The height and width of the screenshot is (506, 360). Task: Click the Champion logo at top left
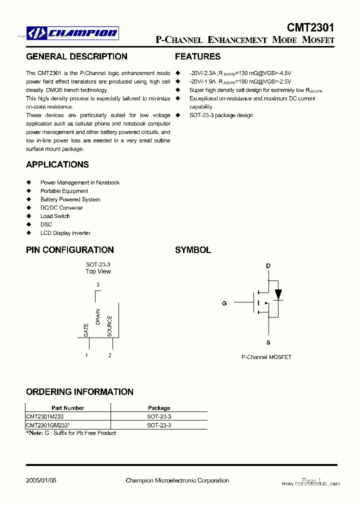[x=72, y=33]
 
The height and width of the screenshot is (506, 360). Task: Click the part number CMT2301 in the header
[x=310, y=27]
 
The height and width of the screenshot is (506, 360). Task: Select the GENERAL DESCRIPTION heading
[x=76, y=56]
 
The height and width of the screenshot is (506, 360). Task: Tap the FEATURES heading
[x=197, y=56]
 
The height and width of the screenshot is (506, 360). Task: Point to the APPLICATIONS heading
[x=57, y=164]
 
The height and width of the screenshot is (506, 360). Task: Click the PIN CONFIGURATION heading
[x=70, y=250]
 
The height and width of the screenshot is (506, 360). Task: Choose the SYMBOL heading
[x=193, y=250]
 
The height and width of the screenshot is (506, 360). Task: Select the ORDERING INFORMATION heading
[x=79, y=392]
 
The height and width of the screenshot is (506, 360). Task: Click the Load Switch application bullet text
[x=55, y=216]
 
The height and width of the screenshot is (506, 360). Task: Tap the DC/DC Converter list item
[x=61, y=207]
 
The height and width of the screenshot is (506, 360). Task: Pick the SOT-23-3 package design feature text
[x=221, y=115]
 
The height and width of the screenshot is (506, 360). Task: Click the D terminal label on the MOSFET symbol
[x=268, y=265]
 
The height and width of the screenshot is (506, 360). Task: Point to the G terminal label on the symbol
[x=224, y=303]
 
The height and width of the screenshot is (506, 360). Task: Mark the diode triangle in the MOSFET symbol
[x=278, y=294]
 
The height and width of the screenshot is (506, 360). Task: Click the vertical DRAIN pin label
[x=98, y=317]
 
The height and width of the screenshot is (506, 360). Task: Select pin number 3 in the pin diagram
[x=98, y=284]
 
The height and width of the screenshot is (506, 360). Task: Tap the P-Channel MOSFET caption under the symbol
[x=266, y=357]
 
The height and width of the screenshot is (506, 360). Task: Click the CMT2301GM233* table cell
[x=48, y=425]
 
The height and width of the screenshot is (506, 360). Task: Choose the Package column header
[x=159, y=408]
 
